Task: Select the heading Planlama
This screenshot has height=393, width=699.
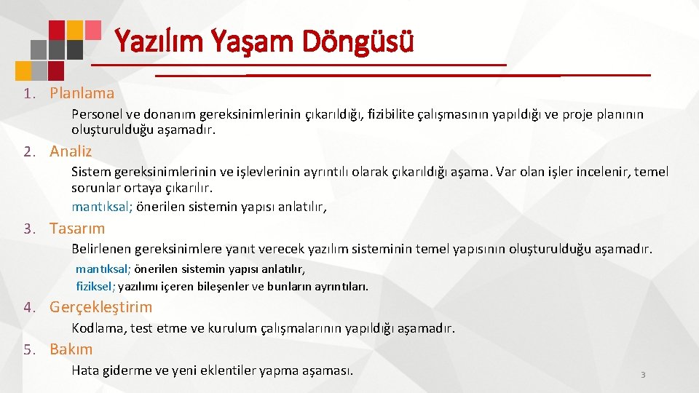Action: point(82,93)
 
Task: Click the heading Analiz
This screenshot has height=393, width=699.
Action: point(71,151)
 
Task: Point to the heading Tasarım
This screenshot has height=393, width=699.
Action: point(77,228)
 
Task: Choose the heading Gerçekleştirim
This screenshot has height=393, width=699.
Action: point(100,307)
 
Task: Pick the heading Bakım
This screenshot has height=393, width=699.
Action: point(71,349)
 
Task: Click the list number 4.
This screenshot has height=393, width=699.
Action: point(27,308)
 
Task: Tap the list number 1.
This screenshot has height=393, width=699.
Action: point(27,94)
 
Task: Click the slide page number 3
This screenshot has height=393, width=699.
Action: point(643,374)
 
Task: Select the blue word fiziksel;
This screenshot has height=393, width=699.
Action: point(95,286)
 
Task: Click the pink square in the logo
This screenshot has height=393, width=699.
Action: point(92,29)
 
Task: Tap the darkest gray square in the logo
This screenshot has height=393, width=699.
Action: point(74,49)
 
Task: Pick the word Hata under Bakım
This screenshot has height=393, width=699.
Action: point(84,370)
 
